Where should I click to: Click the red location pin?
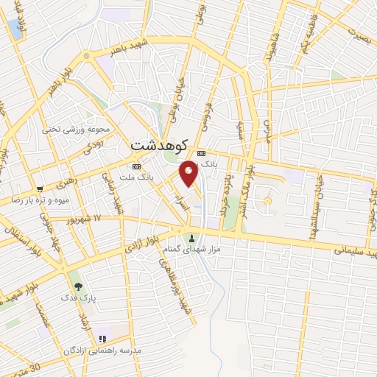[189, 173]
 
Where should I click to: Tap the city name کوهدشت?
[160, 145]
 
